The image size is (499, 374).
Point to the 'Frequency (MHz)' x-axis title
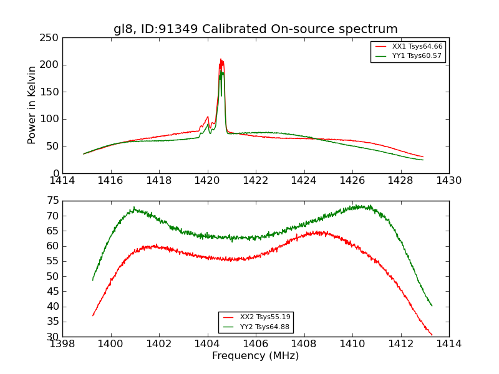click(x=255, y=356)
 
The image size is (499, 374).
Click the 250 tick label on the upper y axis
click(x=51, y=38)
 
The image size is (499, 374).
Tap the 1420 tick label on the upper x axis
click(x=207, y=180)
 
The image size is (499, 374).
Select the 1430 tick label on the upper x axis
click(x=448, y=180)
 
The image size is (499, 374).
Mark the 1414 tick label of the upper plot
click(x=63, y=180)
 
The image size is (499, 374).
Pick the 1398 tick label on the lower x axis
click(x=63, y=343)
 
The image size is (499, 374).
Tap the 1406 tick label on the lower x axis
click(x=256, y=343)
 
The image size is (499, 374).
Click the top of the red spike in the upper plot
click(x=221, y=59)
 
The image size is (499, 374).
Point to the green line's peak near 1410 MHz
click(x=360, y=206)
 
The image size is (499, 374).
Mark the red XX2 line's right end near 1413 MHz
click(x=432, y=335)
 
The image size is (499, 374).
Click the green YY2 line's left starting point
click(x=93, y=280)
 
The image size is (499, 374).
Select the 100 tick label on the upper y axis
click(x=51, y=119)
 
